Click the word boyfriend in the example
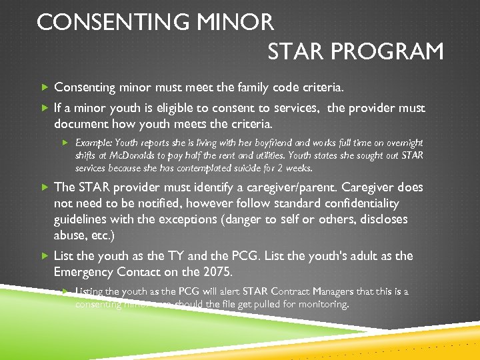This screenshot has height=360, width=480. [x=274, y=143]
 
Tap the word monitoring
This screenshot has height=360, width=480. [x=325, y=304]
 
